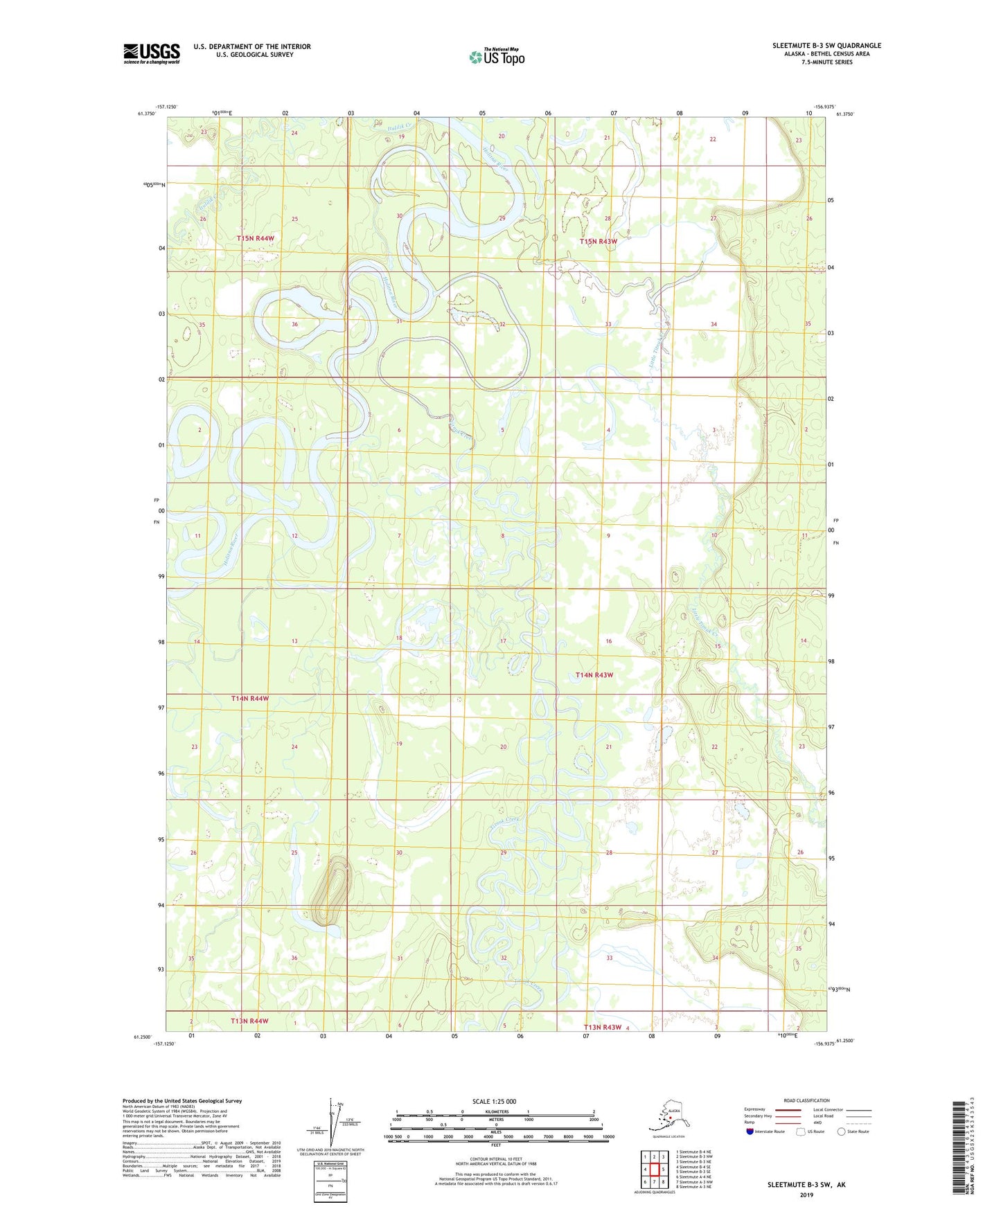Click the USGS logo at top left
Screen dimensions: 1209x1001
[x=152, y=53]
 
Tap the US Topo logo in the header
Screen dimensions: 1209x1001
[x=496, y=56]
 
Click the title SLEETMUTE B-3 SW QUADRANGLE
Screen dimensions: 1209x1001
[x=826, y=45]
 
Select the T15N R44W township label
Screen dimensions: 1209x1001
[x=256, y=238]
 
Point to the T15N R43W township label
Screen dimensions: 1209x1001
[x=598, y=241]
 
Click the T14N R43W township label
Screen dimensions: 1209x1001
[x=594, y=674]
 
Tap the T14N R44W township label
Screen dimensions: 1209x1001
[x=250, y=699]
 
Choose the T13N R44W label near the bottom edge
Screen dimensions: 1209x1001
[x=249, y=1021]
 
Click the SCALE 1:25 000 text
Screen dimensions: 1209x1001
[x=494, y=1101]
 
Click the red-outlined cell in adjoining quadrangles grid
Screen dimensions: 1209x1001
[x=654, y=1170]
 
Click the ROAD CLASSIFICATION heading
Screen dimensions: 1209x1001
[x=806, y=1100]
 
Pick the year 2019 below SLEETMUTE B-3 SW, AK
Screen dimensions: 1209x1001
[x=806, y=1194]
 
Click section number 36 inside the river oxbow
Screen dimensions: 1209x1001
[x=294, y=325]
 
